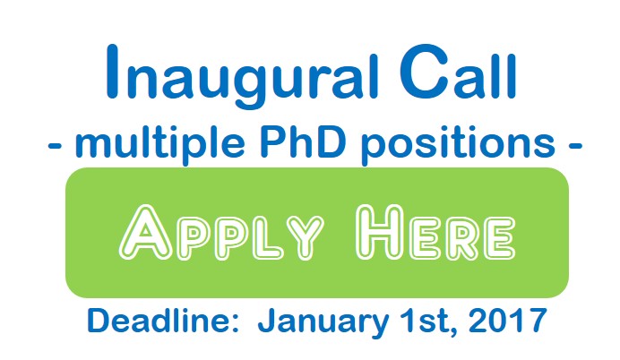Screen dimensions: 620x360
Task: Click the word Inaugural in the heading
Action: tap(243, 76)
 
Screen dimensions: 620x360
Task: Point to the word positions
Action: tap(458, 144)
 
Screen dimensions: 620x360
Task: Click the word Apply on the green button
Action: tap(221, 233)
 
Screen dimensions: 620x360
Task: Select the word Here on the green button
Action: tap(435, 233)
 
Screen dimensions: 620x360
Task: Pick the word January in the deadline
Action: tap(323, 323)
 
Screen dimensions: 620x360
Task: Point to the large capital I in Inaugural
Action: tap(112, 71)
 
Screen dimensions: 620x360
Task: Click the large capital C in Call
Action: tap(424, 71)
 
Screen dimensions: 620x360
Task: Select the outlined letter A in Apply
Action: tap(145, 233)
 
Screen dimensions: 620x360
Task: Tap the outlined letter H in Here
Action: tap(380, 233)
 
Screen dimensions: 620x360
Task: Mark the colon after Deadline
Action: tap(234, 323)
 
